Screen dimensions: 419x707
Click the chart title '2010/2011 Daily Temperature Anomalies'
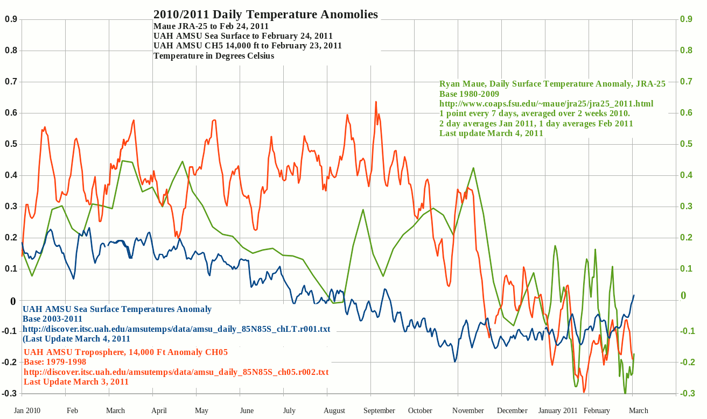tap(265, 15)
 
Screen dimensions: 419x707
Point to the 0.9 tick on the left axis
tap(11, 20)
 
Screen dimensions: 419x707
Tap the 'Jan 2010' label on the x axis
tap(27, 410)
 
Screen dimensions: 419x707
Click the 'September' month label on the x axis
tap(379, 410)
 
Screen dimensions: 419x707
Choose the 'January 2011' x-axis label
tap(558, 410)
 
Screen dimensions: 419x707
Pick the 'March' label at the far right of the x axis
tap(639, 410)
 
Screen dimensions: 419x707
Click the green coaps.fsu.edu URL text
tap(547, 103)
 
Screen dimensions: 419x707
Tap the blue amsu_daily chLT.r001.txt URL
tap(176, 329)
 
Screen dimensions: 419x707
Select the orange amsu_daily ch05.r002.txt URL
tap(176, 372)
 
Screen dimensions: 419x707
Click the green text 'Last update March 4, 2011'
tap(491, 133)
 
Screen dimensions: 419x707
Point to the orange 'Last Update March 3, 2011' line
tap(76, 382)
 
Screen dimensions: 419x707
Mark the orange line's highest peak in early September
tap(376, 102)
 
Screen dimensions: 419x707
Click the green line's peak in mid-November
tap(473, 168)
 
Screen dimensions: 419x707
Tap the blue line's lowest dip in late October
tap(455, 361)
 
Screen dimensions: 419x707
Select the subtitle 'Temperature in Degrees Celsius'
tap(214, 55)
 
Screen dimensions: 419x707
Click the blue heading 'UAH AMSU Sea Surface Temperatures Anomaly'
tap(117, 309)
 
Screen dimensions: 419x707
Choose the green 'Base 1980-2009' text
tap(469, 94)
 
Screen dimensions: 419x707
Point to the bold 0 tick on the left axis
tap(12, 301)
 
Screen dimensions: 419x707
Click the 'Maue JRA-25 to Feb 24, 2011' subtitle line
tap(211, 26)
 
